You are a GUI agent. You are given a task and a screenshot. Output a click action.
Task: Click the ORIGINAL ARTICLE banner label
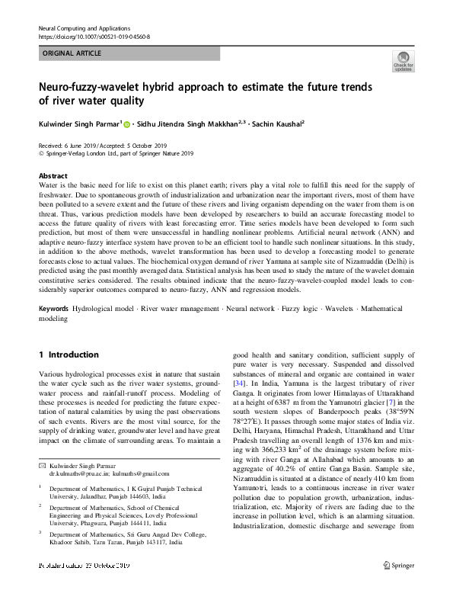click(x=71, y=53)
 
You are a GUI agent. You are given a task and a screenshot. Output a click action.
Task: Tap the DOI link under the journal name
click(x=94, y=37)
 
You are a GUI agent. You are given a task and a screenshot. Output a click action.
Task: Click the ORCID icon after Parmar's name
click(x=126, y=123)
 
